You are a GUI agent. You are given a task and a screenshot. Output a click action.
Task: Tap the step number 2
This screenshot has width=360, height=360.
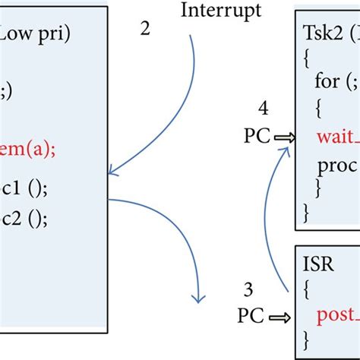[x=145, y=28]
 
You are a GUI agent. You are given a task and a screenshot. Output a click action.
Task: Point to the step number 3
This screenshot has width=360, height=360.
[x=248, y=289]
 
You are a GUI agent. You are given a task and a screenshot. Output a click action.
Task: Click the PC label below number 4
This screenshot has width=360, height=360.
[x=257, y=136]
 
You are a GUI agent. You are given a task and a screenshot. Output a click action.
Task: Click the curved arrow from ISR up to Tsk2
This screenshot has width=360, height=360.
[x=270, y=220]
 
